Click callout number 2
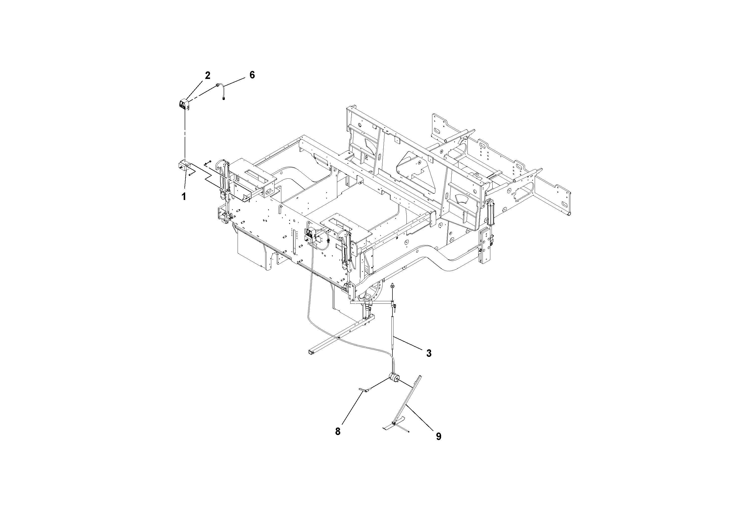click(208, 75)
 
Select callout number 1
click(184, 196)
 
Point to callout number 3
click(429, 353)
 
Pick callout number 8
click(338, 431)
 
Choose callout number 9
click(439, 436)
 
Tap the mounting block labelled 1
click(183, 166)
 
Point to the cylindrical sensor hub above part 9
click(394, 378)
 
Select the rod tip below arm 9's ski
click(408, 432)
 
